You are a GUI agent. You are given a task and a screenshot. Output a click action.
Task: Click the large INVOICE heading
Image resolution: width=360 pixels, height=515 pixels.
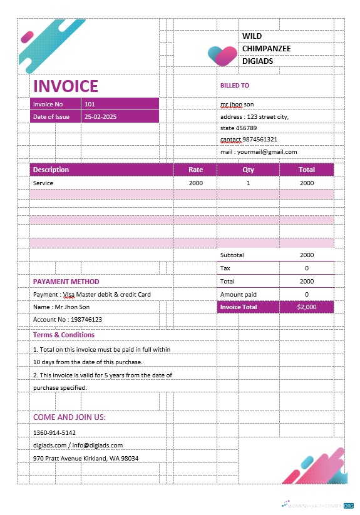click(x=66, y=86)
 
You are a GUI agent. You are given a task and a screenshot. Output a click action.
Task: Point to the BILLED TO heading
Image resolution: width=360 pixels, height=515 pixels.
click(x=234, y=86)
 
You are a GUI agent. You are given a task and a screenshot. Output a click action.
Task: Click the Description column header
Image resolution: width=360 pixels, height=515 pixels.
click(x=51, y=170)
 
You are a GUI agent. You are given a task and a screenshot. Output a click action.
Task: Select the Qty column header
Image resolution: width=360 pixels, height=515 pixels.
click(x=248, y=170)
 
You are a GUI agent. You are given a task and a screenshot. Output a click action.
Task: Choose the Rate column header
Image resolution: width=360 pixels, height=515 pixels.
click(x=196, y=170)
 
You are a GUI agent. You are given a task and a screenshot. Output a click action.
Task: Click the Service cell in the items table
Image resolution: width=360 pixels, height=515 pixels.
click(x=43, y=183)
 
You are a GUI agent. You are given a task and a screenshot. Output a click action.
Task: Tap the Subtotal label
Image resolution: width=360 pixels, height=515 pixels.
click(x=232, y=255)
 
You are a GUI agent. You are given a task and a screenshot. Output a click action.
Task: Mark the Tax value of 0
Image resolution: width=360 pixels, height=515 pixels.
click(x=307, y=268)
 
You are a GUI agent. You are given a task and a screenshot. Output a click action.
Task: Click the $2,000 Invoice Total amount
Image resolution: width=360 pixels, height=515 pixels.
click(x=307, y=307)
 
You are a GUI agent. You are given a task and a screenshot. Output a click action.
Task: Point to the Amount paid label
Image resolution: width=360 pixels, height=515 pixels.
click(x=239, y=294)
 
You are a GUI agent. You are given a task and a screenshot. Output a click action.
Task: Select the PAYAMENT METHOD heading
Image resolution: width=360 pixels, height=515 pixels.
click(x=66, y=282)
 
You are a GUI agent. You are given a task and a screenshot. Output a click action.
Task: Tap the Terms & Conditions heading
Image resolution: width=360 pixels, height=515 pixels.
click(x=64, y=335)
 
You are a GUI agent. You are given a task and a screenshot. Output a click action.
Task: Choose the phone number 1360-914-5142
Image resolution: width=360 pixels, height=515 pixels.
click(x=54, y=432)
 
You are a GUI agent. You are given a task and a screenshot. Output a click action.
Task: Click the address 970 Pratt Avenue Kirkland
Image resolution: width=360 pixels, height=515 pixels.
click(x=86, y=459)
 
